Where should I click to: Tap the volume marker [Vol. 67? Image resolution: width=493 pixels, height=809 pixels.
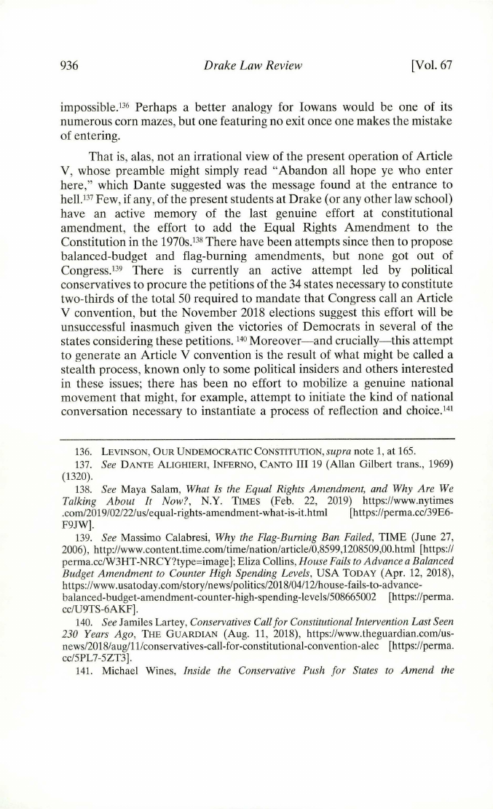432,66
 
